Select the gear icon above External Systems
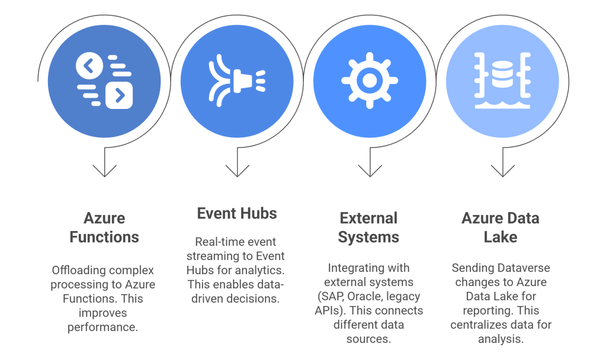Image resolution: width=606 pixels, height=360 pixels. [369, 81]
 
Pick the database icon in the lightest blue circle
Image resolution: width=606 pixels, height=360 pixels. [502, 81]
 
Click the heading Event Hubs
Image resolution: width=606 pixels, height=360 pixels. [237, 213]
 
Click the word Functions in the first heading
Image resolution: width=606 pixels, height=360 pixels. [104, 237]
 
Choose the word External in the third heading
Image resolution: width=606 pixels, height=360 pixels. [368, 218]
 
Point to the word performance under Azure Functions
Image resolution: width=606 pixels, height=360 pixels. [104, 326]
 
